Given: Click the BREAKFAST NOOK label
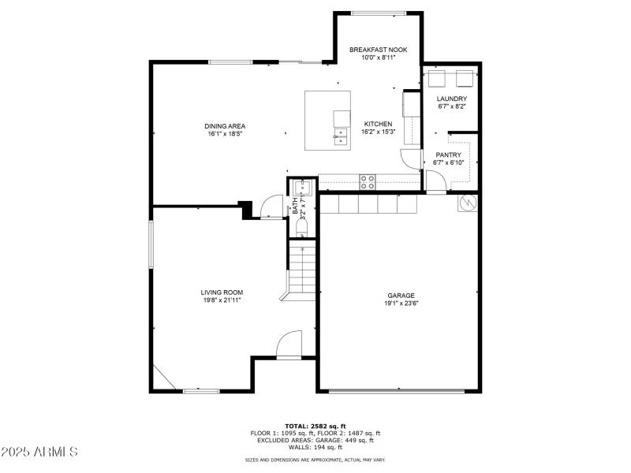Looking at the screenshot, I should pyautogui.click(x=378, y=49).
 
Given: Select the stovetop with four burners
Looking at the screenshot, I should pyautogui.click(x=368, y=181).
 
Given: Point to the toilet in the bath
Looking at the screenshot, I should pyautogui.click(x=301, y=228).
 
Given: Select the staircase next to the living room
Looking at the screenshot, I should pyautogui.click(x=301, y=268).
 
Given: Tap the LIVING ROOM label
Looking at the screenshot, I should pyautogui.click(x=221, y=292).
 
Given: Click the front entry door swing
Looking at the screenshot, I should pyautogui.click(x=289, y=345).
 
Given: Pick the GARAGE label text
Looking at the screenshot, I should pyautogui.click(x=401, y=295).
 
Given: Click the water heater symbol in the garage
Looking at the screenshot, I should pyautogui.click(x=467, y=203).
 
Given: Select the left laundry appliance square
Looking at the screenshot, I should pyautogui.click(x=438, y=78).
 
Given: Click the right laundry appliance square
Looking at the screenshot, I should pyautogui.click(x=465, y=78).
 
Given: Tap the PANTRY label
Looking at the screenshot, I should pyautogui.click(x=449, y=155).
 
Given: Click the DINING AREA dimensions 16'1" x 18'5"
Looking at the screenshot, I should pyautogui.click(x=225, y=134).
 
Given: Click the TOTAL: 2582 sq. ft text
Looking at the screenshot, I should pyautogui.click(x=315, y=426).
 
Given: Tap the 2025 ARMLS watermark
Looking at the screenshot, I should pyautogui.click(x=39, y=452).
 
